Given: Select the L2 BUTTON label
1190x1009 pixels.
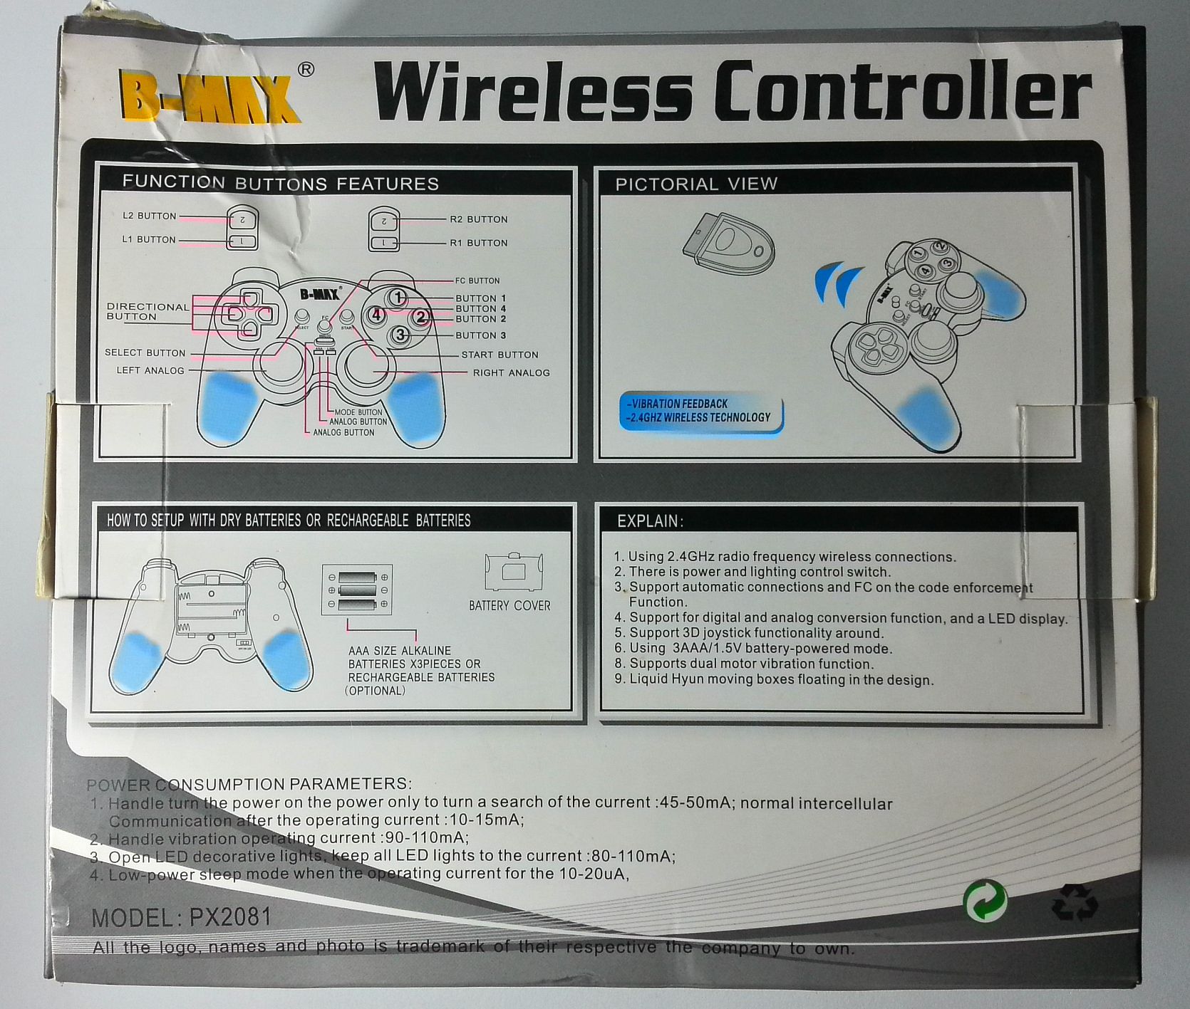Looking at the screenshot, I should pos(149,216).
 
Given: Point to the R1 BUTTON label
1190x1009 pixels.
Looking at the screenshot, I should pos(478,243).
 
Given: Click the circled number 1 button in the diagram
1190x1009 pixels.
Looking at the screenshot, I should pos(398,298).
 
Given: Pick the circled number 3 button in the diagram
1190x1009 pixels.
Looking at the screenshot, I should pos(400,334).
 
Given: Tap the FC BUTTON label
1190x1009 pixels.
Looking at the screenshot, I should pos(477,281).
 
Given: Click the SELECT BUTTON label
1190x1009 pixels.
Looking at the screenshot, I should pos(145,352).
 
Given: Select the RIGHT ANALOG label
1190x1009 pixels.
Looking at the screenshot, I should pos(511,372).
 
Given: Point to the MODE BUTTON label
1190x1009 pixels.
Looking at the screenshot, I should pos(358,412).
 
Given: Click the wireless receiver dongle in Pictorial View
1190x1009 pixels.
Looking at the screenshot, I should pos(730,247).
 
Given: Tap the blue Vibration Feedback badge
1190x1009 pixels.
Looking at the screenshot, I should pos(700,411).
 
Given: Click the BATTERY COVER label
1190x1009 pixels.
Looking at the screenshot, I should pos(509,605).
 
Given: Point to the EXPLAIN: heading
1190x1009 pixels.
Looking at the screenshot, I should pos(650,521).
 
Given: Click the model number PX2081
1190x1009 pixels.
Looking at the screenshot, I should pos(230,916).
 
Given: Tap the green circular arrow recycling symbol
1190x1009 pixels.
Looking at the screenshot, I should pos(985,901).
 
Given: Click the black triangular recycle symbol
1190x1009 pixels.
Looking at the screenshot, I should pos(1075,902).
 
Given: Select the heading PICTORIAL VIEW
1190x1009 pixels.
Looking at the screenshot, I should pos(696,184).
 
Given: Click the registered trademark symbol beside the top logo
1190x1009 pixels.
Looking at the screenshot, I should pos(305,70).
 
